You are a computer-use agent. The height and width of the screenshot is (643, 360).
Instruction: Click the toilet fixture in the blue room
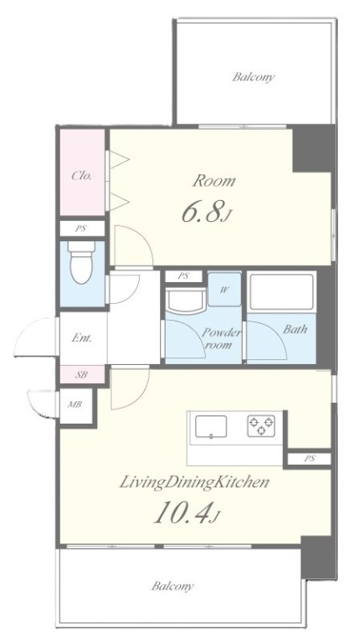[81, 261]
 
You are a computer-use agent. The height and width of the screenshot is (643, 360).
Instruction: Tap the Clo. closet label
[81, 176]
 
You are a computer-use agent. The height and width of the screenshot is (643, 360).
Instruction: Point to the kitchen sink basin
[211, 426]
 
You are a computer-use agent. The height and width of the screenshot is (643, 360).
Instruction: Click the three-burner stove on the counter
[261, 425]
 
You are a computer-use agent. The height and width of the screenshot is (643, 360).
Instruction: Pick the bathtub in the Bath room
[281, 292]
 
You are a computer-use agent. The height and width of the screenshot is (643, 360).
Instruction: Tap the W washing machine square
[224, 289]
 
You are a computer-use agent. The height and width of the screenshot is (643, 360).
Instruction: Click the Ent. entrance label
[81, 338]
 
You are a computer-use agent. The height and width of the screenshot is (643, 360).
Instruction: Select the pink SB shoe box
[82, 374]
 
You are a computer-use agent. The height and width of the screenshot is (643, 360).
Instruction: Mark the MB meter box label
[75, 404]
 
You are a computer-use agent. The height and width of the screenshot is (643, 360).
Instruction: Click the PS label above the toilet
[80, 229]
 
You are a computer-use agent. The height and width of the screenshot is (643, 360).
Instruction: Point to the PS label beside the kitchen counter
[309, 459]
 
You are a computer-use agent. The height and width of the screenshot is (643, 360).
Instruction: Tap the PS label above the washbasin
[183, 276]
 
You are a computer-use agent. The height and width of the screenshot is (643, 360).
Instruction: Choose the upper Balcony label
[253, 77]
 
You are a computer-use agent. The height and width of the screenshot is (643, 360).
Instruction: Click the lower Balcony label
[172, 586]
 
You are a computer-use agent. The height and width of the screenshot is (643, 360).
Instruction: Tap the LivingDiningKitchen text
[194, 482]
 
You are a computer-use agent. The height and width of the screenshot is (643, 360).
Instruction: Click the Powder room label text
[220, 339]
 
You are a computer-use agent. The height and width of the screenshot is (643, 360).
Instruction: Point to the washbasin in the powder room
[185, 301]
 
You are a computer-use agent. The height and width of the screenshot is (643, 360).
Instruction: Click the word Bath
[295, 329]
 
